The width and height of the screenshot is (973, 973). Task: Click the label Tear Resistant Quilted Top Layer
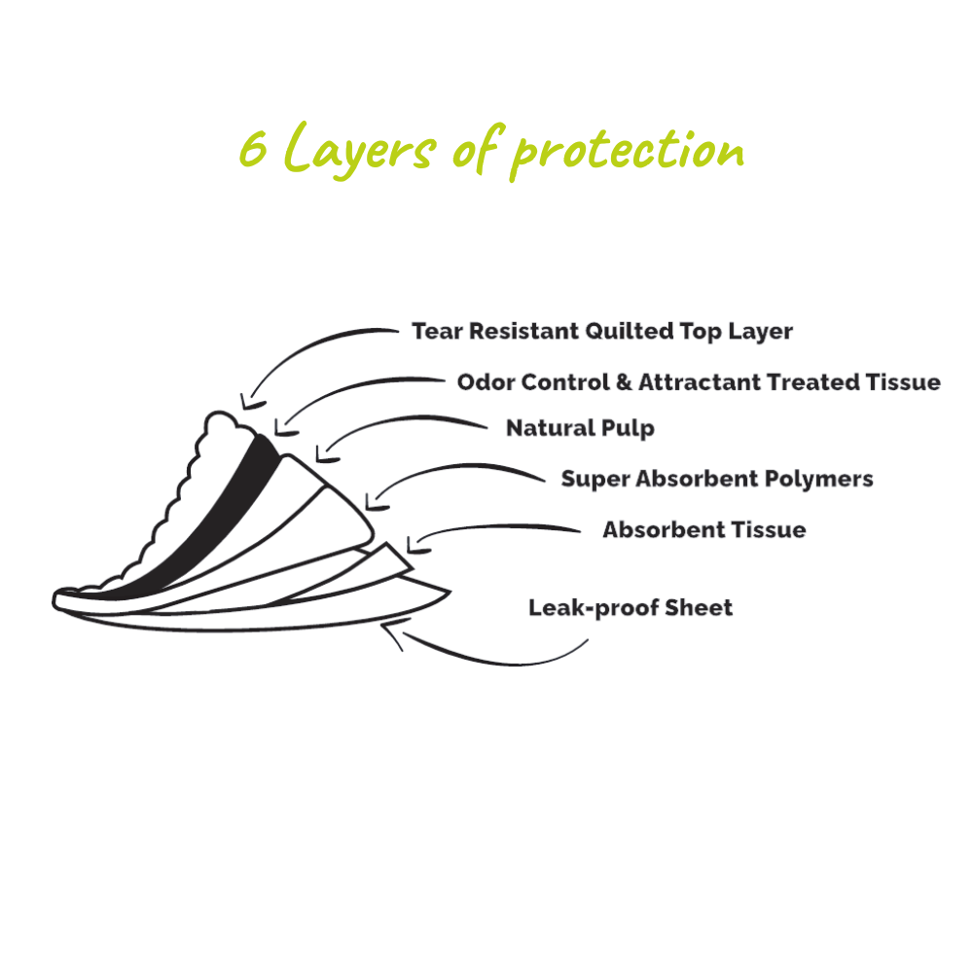click(601, 331)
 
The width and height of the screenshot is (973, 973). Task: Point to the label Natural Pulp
click(580, 428)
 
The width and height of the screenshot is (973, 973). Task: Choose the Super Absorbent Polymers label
click(716, 479)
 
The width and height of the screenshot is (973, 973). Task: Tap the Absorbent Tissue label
click(703, 530)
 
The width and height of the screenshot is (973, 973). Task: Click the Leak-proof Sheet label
click(630, 608)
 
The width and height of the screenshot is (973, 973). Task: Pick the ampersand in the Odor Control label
click(625, 382)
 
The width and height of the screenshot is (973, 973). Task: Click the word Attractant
click(700, 382)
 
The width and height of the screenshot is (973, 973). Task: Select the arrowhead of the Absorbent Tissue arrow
click(413, 547)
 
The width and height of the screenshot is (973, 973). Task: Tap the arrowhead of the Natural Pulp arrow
click(324, 455)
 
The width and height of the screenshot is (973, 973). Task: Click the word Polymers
click(825, 479)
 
